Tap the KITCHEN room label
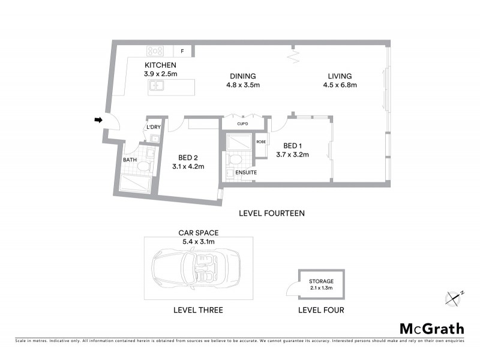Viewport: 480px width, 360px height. tap(160, 65)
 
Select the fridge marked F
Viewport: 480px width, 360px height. tap(182, 51)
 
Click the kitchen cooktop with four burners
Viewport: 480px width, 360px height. tap(156, 51)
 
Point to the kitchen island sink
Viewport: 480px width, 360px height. tap(158, 87)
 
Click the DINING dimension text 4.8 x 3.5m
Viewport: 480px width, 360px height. tap(243, 85)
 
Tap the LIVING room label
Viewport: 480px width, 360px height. tap(340, 76)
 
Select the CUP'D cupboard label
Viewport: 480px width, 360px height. tap(243, 124)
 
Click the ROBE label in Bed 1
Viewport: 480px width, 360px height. tap(260, 142)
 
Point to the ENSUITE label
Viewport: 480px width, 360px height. tap(246, 173)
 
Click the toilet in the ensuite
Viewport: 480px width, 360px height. tap(235, 160)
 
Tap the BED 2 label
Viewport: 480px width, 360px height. tap(188, 157)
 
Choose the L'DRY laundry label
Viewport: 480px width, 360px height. tap(154, 127)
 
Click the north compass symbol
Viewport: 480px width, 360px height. tap(454, 296)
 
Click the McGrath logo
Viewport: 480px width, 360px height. tap(431, 328)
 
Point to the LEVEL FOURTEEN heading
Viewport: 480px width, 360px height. tap(272, 212)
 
